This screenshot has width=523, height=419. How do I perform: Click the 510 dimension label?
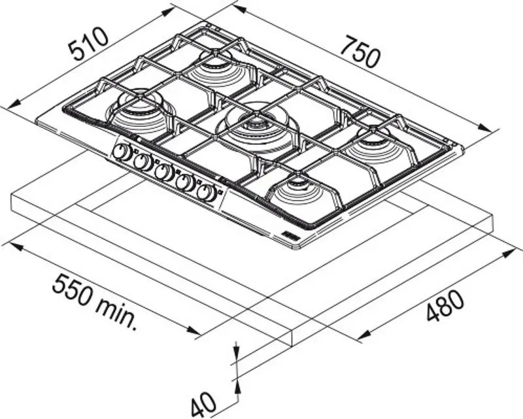pyautogui.click(x=88, y=44)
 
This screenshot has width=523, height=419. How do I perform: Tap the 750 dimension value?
pyautogui.click(x=360, y=52)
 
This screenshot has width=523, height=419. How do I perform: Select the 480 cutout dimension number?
pyautogui.click(x=445, y=306)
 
